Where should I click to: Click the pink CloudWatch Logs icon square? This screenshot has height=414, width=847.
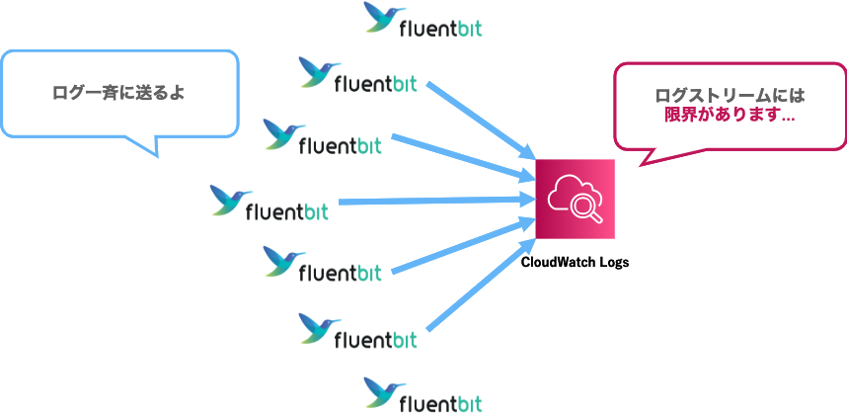coord(575,199)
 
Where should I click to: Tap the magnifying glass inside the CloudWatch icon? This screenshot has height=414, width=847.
coord(586,207)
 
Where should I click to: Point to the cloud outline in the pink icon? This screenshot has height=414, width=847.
coord(568,191)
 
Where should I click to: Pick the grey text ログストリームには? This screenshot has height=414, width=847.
coord(730,96)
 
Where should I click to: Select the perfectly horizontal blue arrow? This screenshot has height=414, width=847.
coord(434,201)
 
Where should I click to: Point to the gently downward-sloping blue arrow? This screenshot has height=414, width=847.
coord(464,156)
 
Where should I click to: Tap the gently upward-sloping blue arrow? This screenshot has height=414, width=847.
coord(464,246)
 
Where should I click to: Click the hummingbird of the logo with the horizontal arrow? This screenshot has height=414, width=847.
coord(233,200)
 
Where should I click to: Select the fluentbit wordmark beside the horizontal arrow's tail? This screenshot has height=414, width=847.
coord(286,210)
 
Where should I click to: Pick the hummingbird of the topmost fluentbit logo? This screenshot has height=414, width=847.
coord(383,17)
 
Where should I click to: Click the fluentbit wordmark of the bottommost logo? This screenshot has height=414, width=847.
coord(440,402)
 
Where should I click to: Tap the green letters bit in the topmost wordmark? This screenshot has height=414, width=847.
coord(464,29)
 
